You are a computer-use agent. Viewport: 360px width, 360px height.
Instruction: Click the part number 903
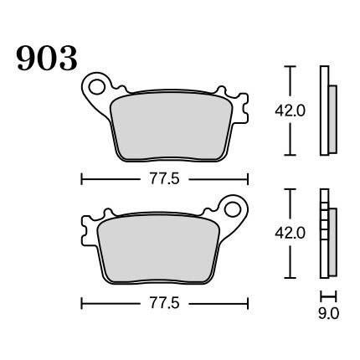[47, 59]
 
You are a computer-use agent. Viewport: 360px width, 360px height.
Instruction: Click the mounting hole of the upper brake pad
[96, 86]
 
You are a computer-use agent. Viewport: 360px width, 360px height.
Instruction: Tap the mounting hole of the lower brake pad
[233, 209]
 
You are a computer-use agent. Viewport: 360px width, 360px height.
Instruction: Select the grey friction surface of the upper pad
[172, 126]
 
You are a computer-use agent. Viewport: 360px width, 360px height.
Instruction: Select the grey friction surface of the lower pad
[158, 249]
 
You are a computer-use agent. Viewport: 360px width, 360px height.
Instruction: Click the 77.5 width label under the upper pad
[165, 179]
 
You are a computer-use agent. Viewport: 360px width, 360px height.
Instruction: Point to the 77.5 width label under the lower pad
[165, 303]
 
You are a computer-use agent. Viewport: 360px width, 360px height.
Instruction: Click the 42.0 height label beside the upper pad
[291, 111]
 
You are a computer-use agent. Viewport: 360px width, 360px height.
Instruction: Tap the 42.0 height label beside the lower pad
[291, 233]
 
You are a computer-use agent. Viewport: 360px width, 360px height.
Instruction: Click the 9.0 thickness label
[328, 314]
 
